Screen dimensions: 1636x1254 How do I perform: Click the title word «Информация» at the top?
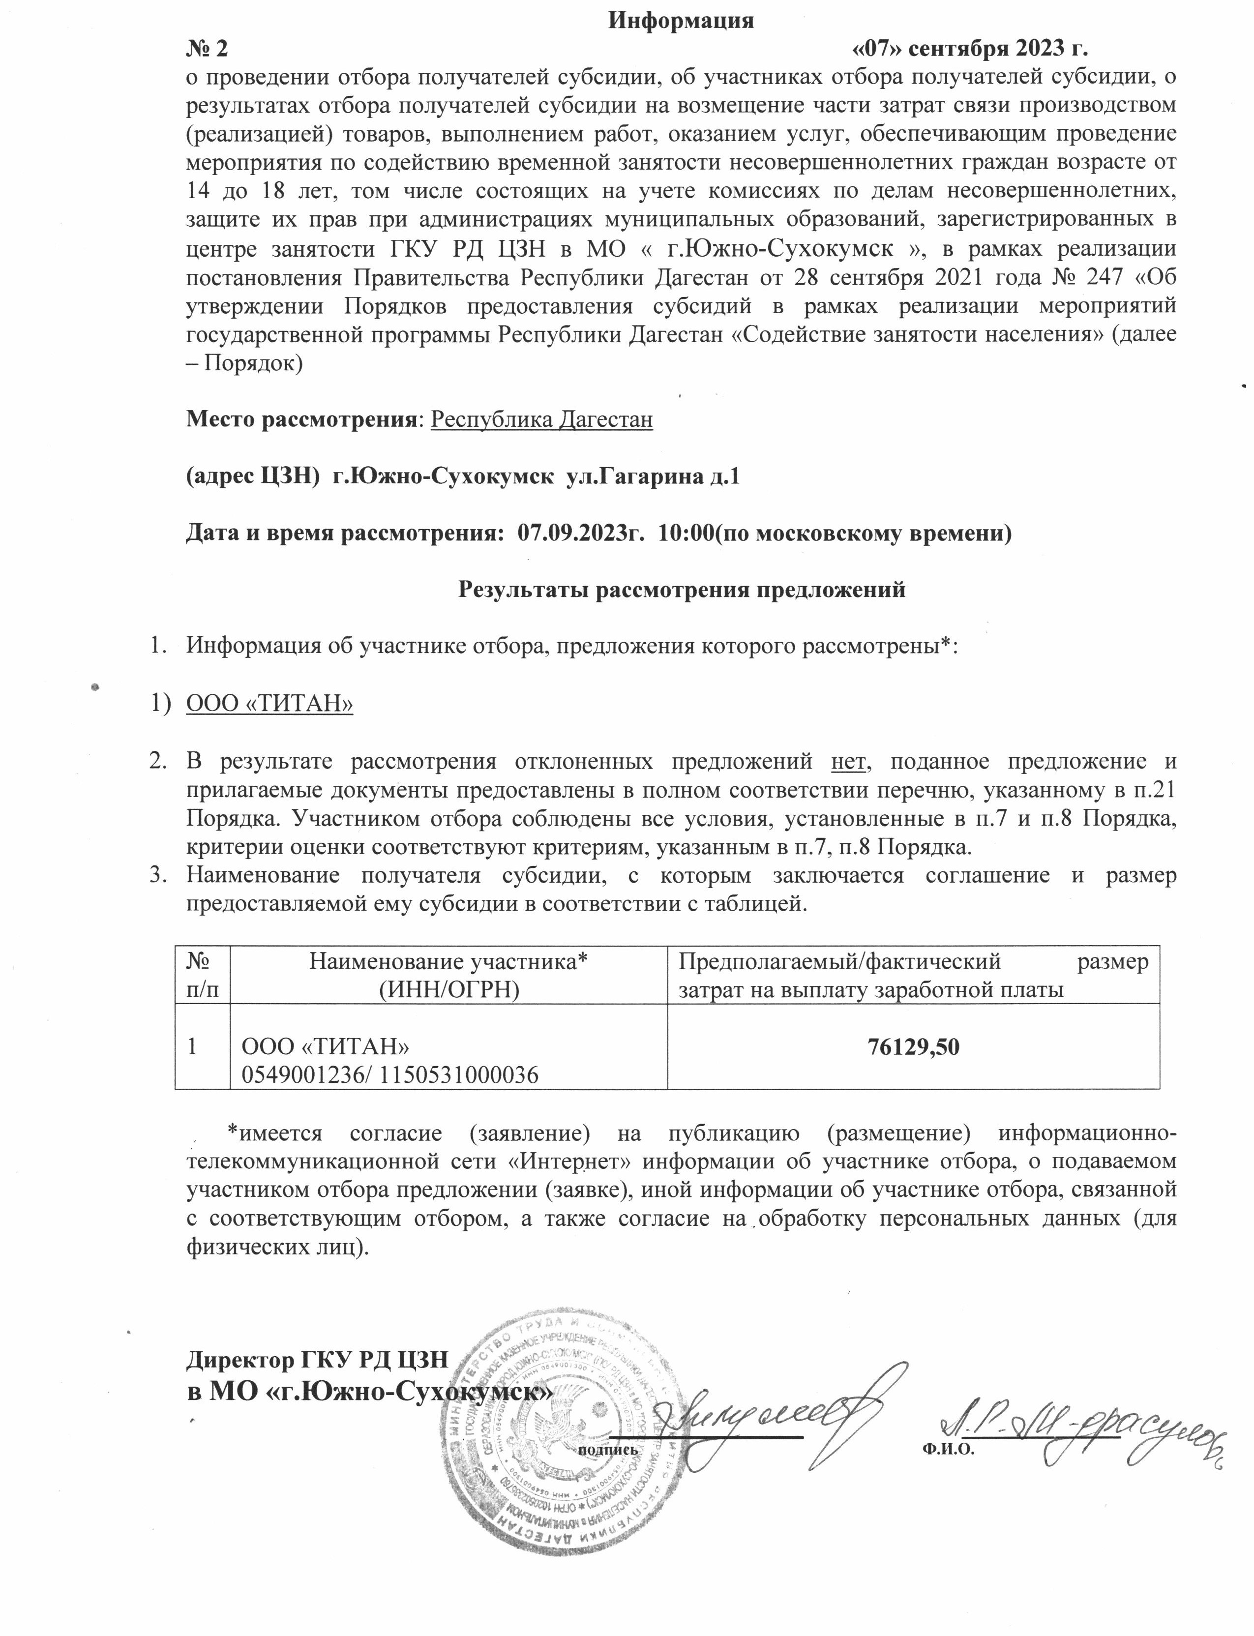681,21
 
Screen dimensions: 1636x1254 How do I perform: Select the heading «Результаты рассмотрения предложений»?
681,590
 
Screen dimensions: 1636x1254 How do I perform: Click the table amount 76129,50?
913,1047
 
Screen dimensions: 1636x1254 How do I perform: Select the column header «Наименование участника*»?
448,962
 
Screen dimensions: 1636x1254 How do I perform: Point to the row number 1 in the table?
193,1047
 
